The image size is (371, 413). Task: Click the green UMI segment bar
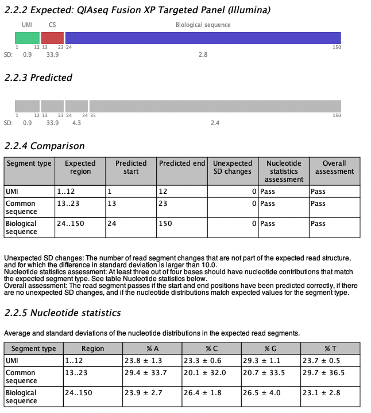pyautogui.click(x=27, y=38)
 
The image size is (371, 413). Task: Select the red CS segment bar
pyautogui.click(x=52, y=38)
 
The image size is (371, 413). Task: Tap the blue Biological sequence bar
pyautogui.click(x=203, y=38)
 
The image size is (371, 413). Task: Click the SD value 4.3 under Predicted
pyautogui.click(x=76, y=123)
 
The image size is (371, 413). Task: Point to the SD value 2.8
pyautogui.click(x=203, y=54)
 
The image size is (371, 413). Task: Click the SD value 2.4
pyautogui.click(x=215, y=123)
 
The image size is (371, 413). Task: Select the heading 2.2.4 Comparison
pyautogui.click(x=44, y=146)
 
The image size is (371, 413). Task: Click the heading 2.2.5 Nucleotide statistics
pyautogui.click(x=62, y=313)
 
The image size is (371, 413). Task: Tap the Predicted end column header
pyautogui.click(x=181, y=163)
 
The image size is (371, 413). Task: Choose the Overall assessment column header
pyautogui.click(x=334, y=167)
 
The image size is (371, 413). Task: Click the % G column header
pyautogui.click(x=271, y=349)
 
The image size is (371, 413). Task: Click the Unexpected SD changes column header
pyautogui.click(x=232, y=167)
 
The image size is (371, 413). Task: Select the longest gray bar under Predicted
pyautogui.click(x=215, y=106)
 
